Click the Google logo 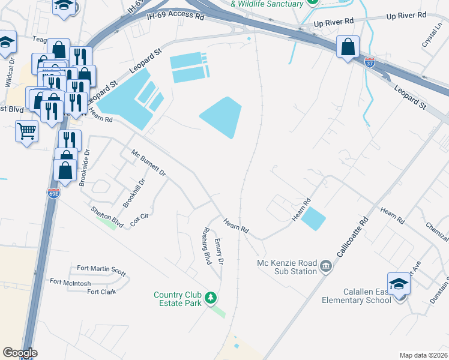[20, 353]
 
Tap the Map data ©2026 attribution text [423, 355]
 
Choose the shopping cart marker [26, 130]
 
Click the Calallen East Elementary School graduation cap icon [399, 284]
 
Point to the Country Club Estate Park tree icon [211, 298]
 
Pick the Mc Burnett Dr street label [148, 162]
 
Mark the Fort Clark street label [101, 292]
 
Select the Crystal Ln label [432, 37]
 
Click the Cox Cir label [139, 220]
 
